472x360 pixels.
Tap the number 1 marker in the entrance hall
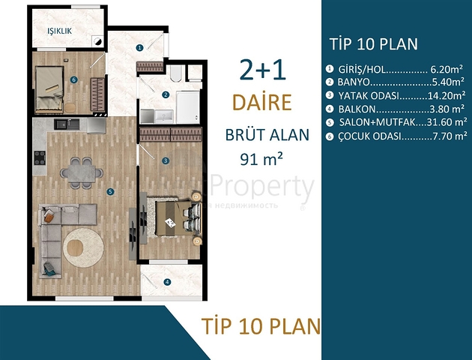139,47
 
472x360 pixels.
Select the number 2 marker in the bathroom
165,94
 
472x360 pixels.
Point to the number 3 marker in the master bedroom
165,160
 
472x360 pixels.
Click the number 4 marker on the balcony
167,282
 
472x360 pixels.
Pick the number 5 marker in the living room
110,192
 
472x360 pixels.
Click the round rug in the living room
84,244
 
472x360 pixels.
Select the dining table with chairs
78,170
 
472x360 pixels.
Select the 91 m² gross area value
253,158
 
